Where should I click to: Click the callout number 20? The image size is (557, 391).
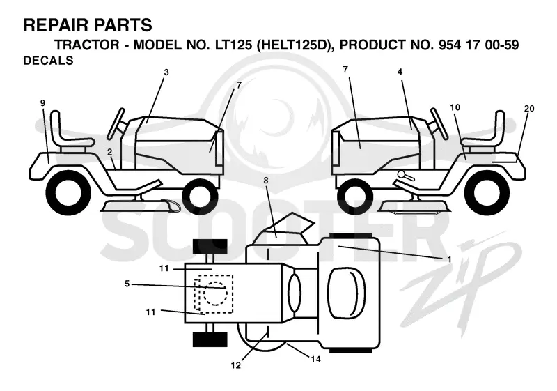tap(529, 109)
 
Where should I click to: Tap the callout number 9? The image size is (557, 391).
tap(42, 103)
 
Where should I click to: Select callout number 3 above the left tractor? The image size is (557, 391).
tap(166, 72)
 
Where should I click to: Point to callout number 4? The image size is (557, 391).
tap(400, 72)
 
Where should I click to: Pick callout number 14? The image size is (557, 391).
tap(315, 360)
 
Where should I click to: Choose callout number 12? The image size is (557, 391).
tap(235, 365)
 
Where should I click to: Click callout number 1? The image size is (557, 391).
tap(449, 259)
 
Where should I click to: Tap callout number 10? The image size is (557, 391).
tap(455, 107)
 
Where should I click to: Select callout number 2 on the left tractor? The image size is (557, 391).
tap(110, 152)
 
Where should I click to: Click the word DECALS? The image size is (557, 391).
tap(48, 61)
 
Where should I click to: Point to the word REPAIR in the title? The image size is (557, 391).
tap(52, 26)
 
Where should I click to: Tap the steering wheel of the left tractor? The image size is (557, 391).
tap(116, 123)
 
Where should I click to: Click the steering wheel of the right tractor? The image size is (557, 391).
tap(440, 123)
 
